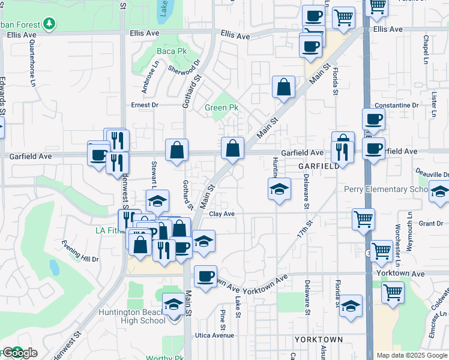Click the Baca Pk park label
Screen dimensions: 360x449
point(172,52)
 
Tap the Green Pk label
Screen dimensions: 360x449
point(221,108)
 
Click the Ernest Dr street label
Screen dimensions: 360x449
point(145,105)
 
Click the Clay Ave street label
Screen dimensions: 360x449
point(221,214)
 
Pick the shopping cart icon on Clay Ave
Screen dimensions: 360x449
point(364,219)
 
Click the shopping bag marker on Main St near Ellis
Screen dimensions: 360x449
point(283,87)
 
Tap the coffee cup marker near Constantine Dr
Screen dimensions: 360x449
point(373,119)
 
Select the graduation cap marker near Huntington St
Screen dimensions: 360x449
point(279,189)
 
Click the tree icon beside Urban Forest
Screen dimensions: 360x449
point(48,24)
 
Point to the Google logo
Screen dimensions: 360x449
point(19,353)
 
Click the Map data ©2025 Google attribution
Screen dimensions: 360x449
point(412,355)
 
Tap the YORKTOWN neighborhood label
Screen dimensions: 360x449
point(319,340)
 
